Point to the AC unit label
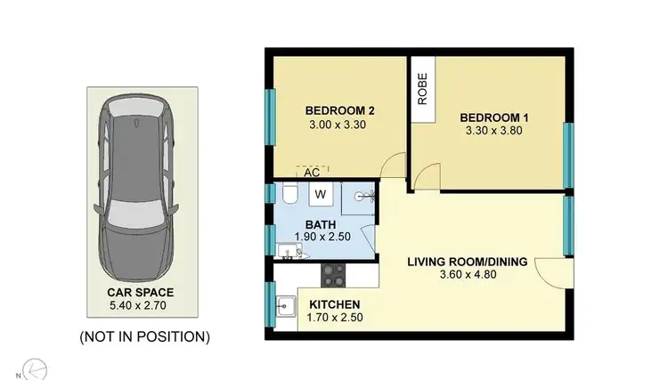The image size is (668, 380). click(312, 173)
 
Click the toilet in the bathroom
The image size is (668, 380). click(289, 195)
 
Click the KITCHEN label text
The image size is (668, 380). click(336, 304)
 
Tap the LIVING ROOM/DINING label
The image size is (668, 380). click(468, 262)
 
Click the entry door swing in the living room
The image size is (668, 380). click(553, 272)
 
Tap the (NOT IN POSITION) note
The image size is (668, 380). click(144, 336)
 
